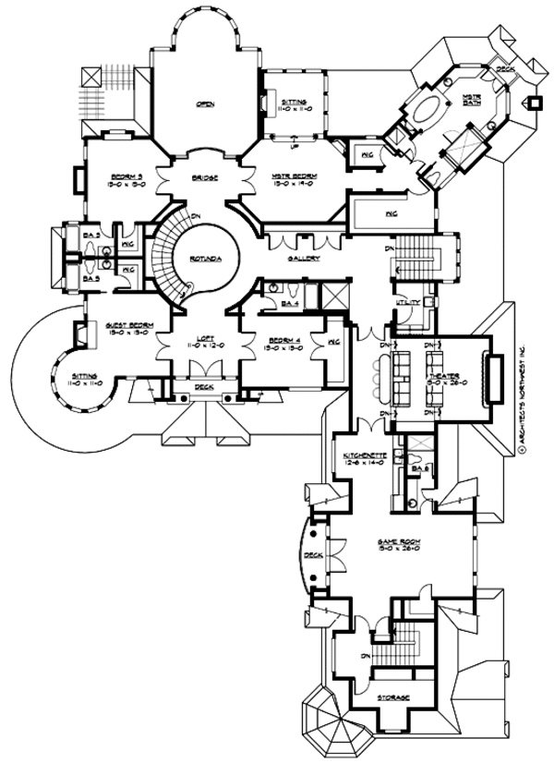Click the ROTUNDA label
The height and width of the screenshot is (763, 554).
click(205, 261)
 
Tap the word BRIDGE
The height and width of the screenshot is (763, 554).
click(205, 178)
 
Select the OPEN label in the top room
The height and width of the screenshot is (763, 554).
click(205, 103)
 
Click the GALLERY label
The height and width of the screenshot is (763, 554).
click(305, 259)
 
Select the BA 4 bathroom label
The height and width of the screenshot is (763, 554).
click(289, 303)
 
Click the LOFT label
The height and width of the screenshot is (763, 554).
click(205, 339)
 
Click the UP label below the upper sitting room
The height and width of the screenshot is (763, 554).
click(294, 146)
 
